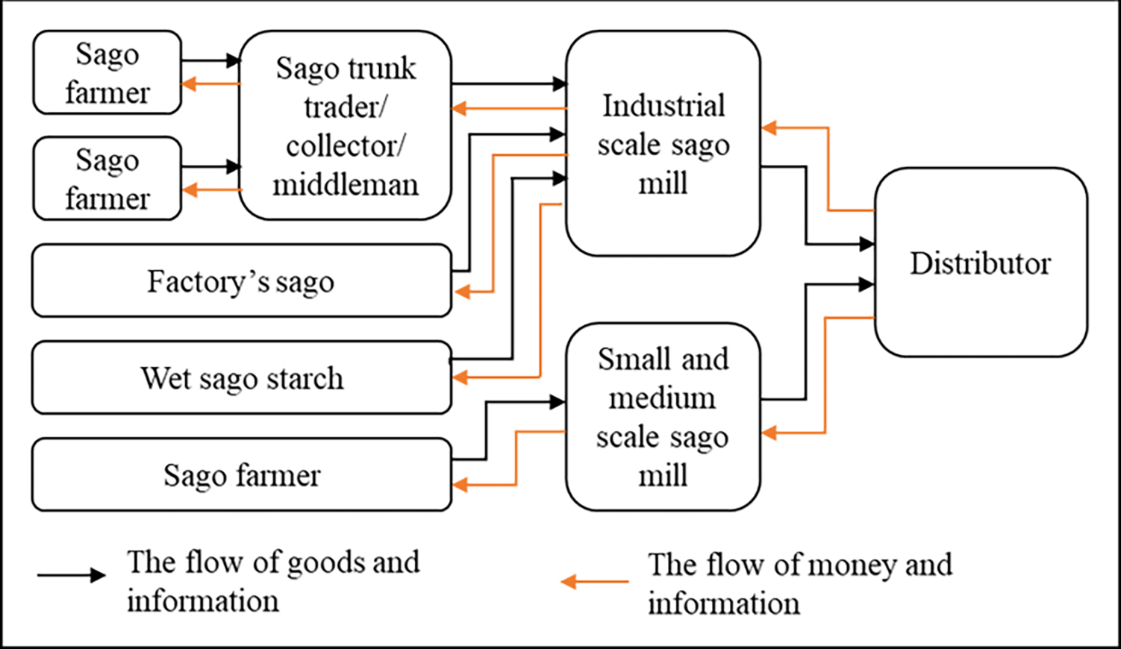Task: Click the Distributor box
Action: pos(980,263)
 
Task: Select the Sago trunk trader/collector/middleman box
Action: pos(345,125)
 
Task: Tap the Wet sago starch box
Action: pos(241,377)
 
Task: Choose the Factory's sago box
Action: pos(241,281)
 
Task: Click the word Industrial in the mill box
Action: pos(663,105)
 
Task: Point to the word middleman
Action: pos(345,184)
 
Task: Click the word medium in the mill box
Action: pos(662,398)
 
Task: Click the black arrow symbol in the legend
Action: pos(72,575)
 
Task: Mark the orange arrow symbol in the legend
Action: pos(595,582)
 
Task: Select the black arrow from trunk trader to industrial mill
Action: pos(508,84)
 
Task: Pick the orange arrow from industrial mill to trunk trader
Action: pos(508,109)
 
